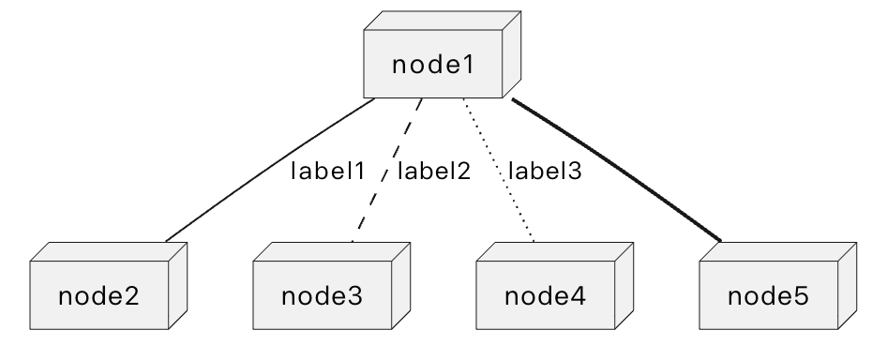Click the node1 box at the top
click(x=434, y=66)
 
